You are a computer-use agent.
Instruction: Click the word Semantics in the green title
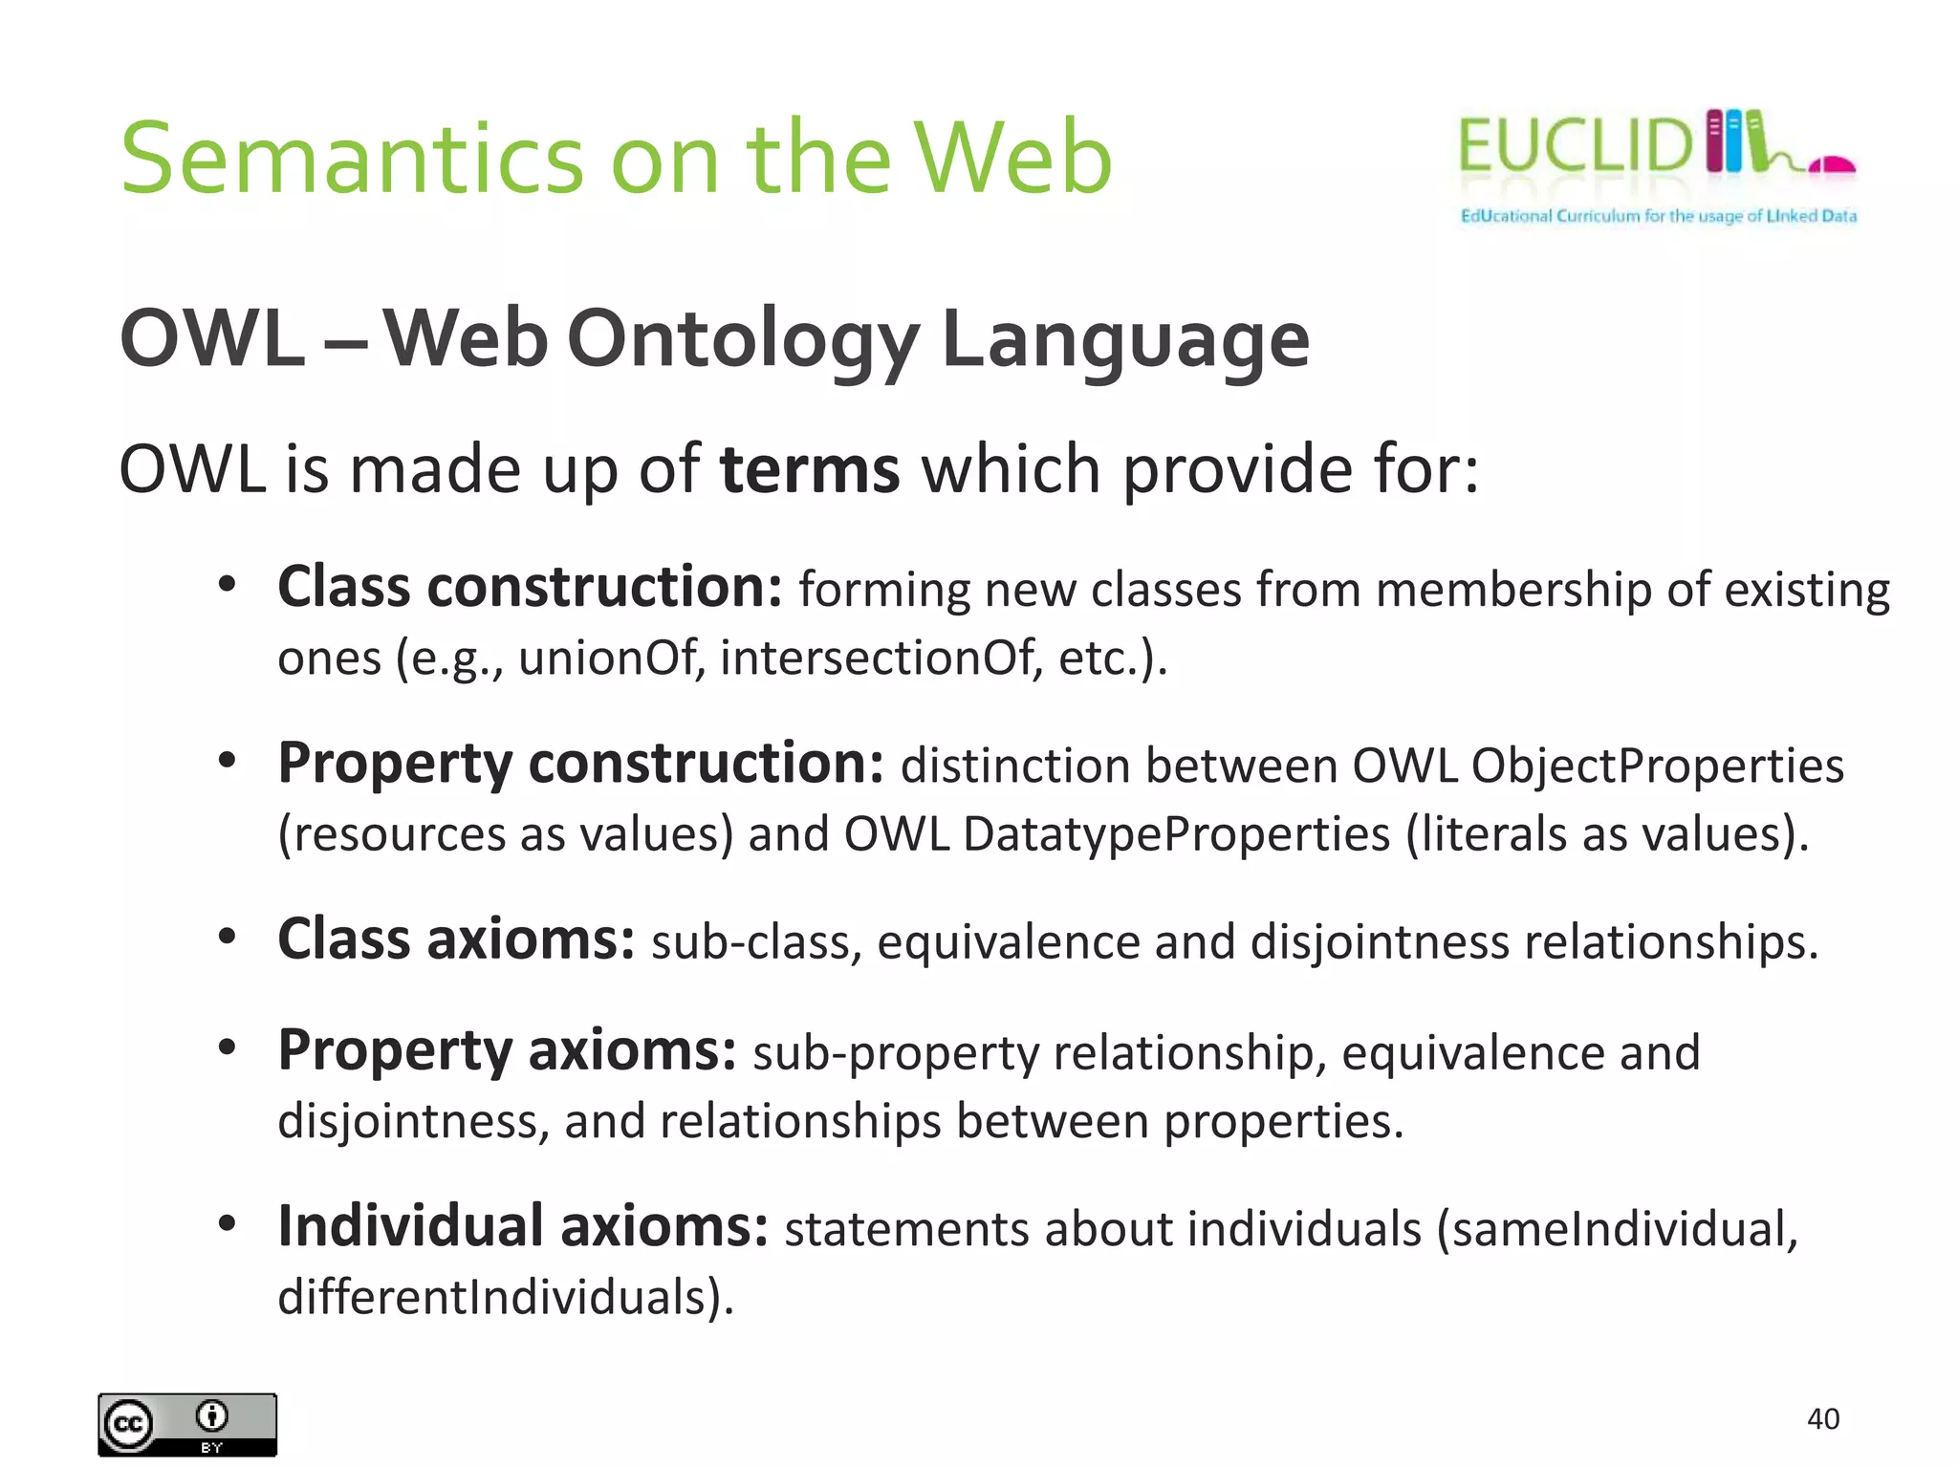[x=352, y=158]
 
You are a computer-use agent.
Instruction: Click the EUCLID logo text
[x=1575, y=146]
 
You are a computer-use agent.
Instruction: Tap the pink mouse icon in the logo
[x=1832, y=166]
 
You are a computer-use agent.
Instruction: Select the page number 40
[x=1822, y=1418]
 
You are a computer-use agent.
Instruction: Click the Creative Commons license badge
[x=187, y=1424]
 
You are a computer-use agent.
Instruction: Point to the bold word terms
[x=810, y=469]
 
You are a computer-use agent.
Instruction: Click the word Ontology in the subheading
[x=743, y=339]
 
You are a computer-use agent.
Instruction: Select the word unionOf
[x=609, y=658]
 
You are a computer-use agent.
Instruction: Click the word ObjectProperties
[x=1657, y=766]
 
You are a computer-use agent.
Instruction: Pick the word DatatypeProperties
[x=1176, y=833]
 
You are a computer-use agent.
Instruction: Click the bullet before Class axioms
[x=227, y=937]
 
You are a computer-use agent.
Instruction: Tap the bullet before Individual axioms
[x=227, y=1223]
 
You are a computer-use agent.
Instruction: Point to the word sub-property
[x=896, y=1052]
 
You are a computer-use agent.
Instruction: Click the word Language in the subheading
[x=1125, y=339]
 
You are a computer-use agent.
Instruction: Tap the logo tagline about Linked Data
[x=1658, y=216]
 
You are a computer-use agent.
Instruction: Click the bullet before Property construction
[x=227, y=761]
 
